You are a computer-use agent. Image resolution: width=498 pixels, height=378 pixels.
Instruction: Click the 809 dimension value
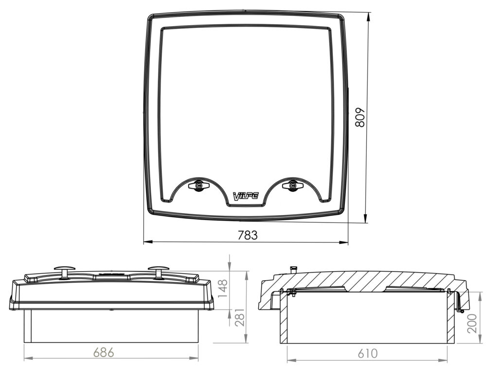click(360, 118)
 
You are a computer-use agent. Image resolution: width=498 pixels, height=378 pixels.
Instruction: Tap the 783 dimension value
click(248, 235)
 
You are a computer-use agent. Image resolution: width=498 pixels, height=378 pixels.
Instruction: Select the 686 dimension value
click(104, 352)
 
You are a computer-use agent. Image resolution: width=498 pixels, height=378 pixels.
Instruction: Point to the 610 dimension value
click(368, 353)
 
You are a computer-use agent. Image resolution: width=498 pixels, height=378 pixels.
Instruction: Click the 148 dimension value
click(223, 289)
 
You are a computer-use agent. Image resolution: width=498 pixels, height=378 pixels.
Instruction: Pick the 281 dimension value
click(240, 317)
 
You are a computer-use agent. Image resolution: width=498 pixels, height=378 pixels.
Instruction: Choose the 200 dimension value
click(472, 323)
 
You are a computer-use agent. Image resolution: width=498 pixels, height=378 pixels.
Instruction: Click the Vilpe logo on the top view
click(246, 196)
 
